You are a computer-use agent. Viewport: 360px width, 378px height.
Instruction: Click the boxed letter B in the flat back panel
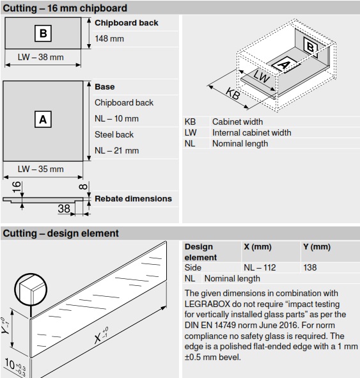coord(43,33)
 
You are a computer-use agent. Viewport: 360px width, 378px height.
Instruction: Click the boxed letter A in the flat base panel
coord(43,120)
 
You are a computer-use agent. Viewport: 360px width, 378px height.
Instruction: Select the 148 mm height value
coord(109,38)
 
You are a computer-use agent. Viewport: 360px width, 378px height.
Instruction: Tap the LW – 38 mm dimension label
coord(41,57)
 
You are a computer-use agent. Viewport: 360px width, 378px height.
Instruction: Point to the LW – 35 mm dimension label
coord(41,169)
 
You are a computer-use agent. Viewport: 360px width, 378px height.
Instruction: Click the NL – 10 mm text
coord(116,118)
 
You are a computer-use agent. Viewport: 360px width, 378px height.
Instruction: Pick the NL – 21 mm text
coord(116,151)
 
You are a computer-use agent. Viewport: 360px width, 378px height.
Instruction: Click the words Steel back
coord(114,134)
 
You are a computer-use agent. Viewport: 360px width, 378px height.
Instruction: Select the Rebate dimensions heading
coord(133,199)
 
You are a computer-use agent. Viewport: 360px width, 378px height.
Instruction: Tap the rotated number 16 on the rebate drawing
coord(17,187)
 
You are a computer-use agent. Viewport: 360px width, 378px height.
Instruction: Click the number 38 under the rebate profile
coord(64,209)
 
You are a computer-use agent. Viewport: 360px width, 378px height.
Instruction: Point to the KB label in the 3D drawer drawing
coord(233,93)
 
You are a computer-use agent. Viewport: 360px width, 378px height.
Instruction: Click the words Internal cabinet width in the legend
coord(252,133)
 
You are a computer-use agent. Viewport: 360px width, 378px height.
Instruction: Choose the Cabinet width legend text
coord(238,122)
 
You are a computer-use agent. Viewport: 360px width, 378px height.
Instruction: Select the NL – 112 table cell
coord(260,267)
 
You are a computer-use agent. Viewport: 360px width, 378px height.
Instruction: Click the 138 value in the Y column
coord(310,267)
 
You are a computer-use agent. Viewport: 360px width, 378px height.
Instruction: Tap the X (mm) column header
coord(258,247)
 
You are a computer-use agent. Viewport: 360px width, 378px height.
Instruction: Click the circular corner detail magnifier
coord(31,290)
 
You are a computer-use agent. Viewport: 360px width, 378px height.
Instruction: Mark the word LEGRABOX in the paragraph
coord(207,304)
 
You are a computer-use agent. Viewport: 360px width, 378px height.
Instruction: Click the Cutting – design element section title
coord(61,233)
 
